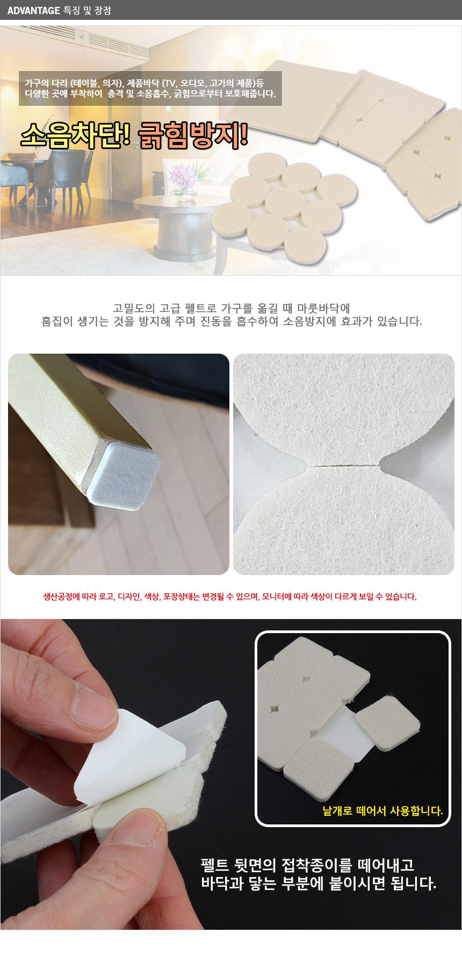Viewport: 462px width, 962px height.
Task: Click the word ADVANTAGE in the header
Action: [x=34, y=10]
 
